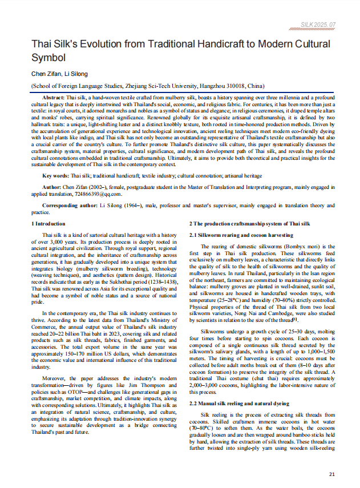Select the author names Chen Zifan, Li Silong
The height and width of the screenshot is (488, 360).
pos(60,74)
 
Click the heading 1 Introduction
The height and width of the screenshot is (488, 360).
pos(48,224)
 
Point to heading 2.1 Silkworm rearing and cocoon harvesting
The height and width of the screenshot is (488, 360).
pos(241,235)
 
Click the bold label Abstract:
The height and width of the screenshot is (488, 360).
pos(54,98)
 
